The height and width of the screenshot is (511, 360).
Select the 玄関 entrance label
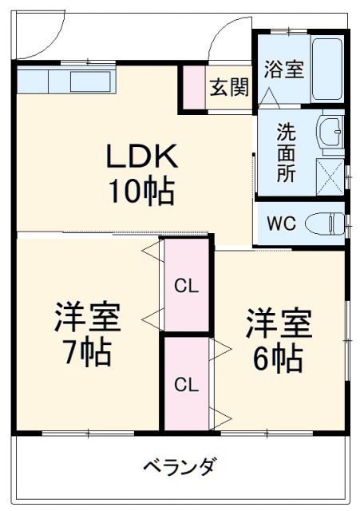tap(228, 87)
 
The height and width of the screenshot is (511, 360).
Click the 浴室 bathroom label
tap(283, 69)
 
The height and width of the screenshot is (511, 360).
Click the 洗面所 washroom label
tap(286, 152)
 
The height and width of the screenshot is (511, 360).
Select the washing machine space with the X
tap(330, 174)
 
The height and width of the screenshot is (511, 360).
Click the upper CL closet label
tap(186, 285)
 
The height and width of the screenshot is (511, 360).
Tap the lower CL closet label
tap(186, 384)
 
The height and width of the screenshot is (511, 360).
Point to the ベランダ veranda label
tap(179, 467)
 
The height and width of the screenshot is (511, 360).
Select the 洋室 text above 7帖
tap(87, 318)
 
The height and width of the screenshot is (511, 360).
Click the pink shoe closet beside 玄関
tap(192, 87)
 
